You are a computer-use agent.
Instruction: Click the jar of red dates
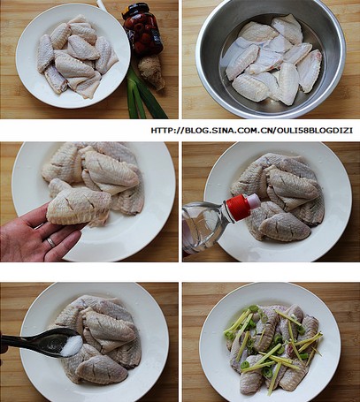point(143,28)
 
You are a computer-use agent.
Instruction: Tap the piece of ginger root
point(151,71)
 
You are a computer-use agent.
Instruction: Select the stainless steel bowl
point(271,58)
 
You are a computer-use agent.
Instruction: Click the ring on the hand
point(50,242)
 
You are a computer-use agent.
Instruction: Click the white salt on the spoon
point(72,345)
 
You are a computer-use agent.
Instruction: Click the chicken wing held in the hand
point(79,206)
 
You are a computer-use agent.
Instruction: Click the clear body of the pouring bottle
point(204,227)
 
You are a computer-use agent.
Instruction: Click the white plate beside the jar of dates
point(73,56)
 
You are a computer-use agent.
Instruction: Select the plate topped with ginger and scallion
point(270,342)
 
